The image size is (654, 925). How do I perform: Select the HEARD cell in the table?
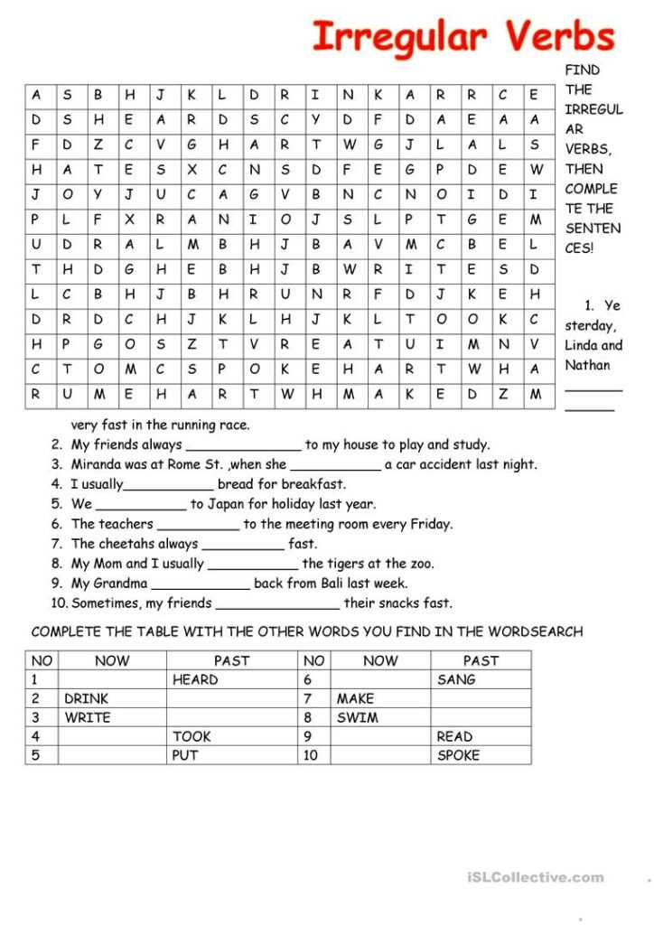click(195, 679)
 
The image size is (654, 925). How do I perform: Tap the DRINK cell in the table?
click(86, 698)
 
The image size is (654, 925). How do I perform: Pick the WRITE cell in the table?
click(87, 717)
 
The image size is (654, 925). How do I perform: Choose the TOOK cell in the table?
click(192, 736)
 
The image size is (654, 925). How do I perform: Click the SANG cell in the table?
click(456, 679)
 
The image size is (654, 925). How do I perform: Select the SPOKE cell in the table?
click(458, 755)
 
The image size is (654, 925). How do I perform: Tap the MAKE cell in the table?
click(355, 698)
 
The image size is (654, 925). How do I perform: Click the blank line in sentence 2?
click(243, 447)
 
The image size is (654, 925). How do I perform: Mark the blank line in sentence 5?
click(141, 507)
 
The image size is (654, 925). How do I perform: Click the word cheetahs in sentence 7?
click(126, 544)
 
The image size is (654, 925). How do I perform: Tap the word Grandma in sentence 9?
click(122, 584)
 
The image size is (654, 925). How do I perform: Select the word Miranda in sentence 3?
click(98, 464)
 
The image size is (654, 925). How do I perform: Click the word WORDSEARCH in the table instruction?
click(534, 631)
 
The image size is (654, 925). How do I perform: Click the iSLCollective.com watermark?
click(536, 877)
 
